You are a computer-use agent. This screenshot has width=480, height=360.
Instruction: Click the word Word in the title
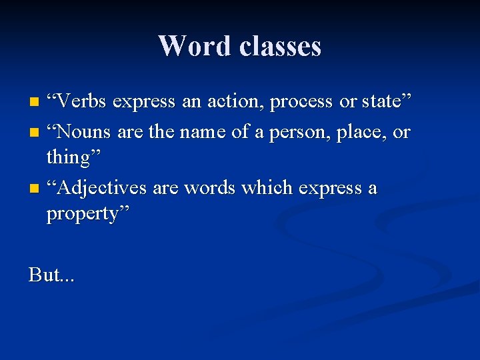(x=194, y=46)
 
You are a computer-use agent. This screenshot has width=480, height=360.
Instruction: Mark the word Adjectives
(x=101, y=189)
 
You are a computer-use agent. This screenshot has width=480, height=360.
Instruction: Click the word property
(x=86, y=215)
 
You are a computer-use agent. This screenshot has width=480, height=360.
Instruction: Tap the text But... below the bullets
(x=51, y=274)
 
